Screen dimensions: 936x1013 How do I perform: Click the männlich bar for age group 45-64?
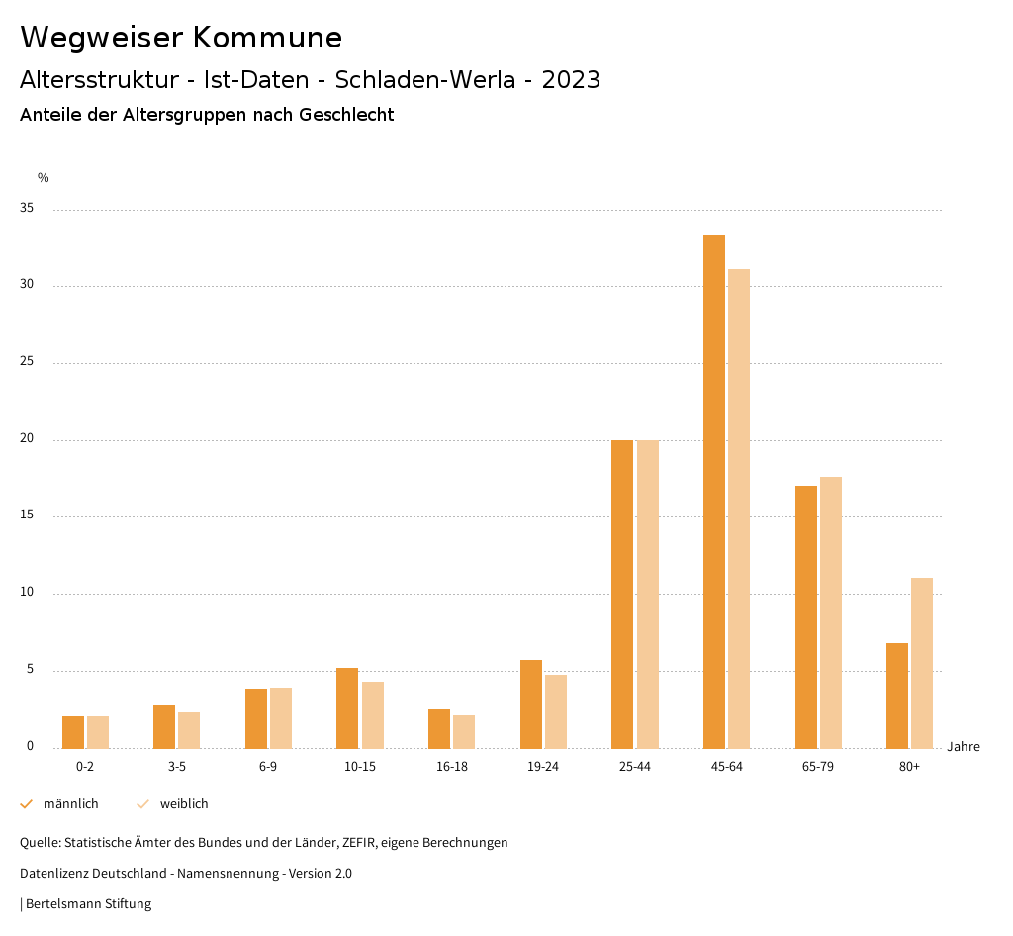[x=713, y=492]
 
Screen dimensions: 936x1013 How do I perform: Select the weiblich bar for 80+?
[x=922, y=663]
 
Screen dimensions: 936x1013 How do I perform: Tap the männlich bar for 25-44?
[x=622, y=594]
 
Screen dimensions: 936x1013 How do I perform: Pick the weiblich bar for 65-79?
[x=831, y=612]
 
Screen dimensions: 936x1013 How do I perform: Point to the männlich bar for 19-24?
[x=531, y=703]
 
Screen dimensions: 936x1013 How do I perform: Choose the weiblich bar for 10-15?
[x=373, y=714]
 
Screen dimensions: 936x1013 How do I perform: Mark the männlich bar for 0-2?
[x=73, y=732]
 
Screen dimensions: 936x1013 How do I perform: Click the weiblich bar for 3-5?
[x=189, y=730]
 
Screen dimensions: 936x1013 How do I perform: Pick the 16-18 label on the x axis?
[x=452, y=767]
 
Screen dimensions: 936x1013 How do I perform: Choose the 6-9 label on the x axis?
[x=268, y=767]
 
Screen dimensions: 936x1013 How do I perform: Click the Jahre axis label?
[x=963, y=747]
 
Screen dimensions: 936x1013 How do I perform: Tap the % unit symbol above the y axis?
[x=43, y=178]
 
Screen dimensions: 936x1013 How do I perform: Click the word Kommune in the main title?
[x=267, y=38]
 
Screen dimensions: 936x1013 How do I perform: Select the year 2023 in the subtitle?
[x=571, y=80]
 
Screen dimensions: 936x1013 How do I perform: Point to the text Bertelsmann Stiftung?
[x=88, y=903]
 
